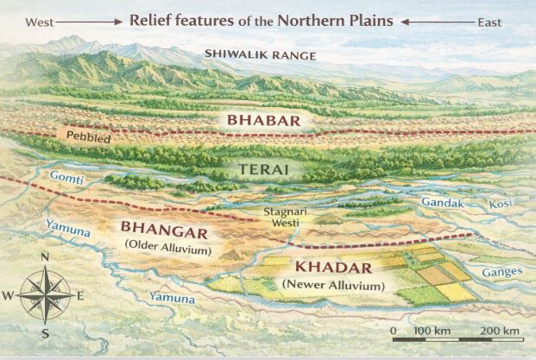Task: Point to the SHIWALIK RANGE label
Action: tap(261, 56)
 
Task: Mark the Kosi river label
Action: tap(501, 204)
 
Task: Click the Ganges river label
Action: tap(503, 272)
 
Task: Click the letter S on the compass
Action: tap(45, 332)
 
